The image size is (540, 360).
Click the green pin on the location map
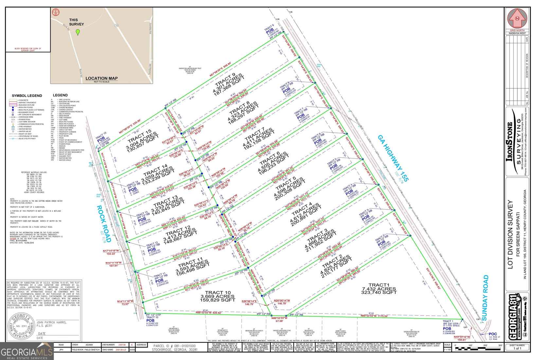click(x=78, y=32)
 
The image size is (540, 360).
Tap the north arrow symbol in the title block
click(x=517, y=20)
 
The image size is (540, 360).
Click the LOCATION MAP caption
click(x=101, y=78)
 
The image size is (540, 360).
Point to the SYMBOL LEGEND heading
click(x=27, y=96)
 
